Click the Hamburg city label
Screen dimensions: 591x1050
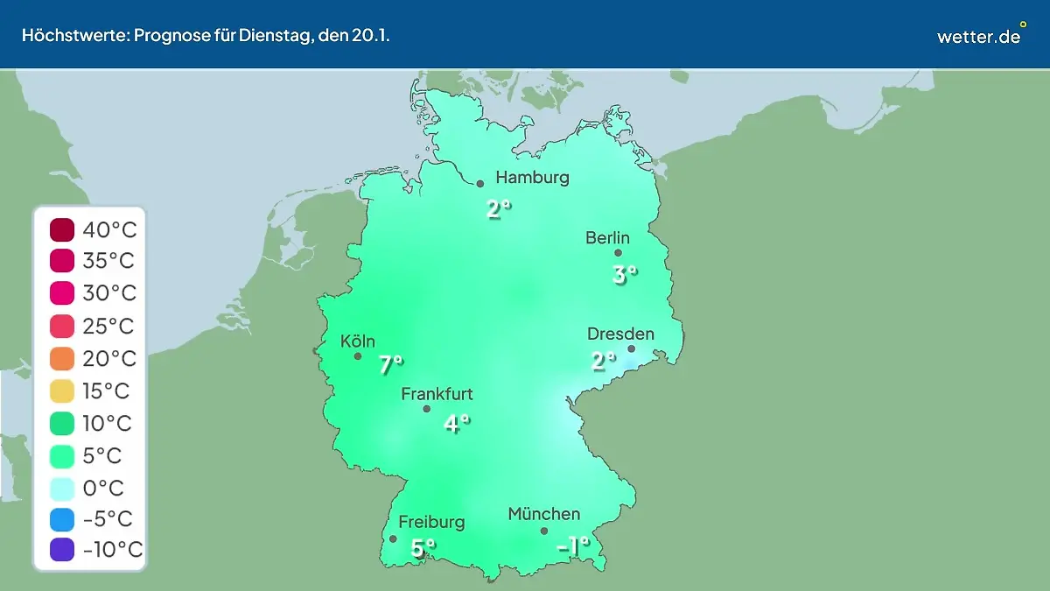532,178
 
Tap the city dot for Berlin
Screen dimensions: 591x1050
618,253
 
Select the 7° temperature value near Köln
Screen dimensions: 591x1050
391,365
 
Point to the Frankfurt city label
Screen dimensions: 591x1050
437,394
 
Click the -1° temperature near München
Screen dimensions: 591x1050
573,547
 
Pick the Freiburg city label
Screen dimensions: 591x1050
431,523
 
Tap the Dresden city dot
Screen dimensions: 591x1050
631,348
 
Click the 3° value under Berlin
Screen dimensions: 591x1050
624,275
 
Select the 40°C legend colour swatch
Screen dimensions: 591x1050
63,230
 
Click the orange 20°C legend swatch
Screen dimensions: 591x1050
63,359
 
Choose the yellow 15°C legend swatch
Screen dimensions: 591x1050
63,391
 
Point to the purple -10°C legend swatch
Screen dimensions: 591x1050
63,550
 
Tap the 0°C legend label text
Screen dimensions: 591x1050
103,488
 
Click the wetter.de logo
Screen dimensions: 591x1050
979,36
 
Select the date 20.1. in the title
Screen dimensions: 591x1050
371,37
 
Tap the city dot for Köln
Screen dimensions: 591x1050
357,356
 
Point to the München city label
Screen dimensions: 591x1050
543,514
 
